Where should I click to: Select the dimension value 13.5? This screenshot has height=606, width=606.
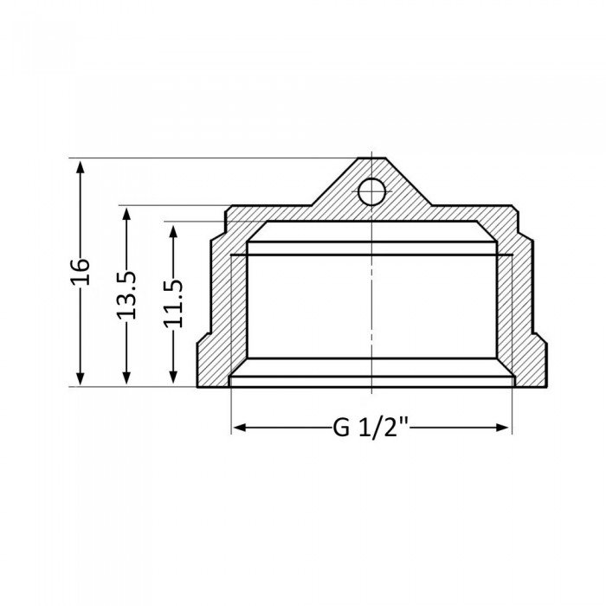click(127, 294)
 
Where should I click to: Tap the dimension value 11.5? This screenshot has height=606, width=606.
click(174, 302)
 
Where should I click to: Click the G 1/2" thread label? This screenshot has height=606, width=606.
click(371, 428)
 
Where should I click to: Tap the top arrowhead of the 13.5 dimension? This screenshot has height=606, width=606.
click(127, 211)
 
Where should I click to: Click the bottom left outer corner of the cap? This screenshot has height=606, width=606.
click(198, 387)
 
